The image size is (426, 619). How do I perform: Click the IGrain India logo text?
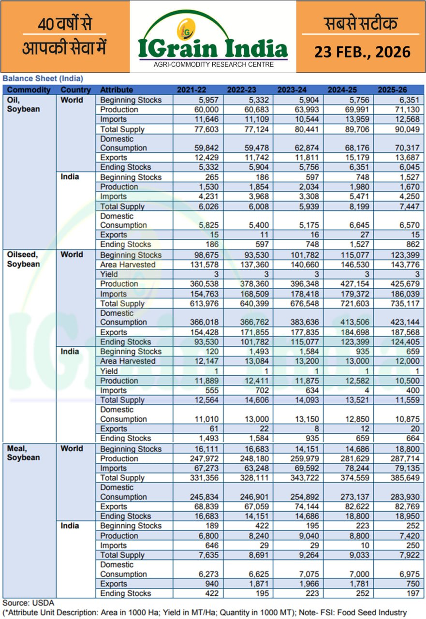(213, 48)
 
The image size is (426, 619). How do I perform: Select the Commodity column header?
(29, 90)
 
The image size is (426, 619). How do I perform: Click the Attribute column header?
(117, 90)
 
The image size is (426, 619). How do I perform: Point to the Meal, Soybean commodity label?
(23, 453)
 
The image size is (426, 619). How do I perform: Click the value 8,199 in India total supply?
(357, 206)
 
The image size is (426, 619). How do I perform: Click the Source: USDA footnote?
(29, 603)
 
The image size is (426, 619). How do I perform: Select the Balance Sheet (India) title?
(43, 78)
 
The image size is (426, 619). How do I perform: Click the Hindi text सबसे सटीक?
(360, 23)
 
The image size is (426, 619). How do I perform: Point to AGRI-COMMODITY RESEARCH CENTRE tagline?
(213, 64)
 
